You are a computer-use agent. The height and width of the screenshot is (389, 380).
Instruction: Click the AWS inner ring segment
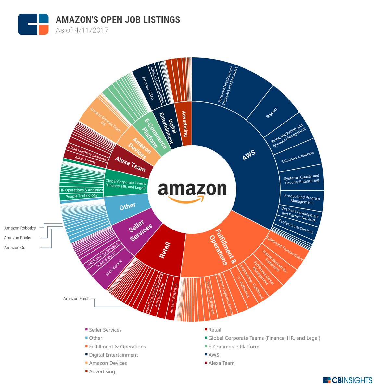click(248, 156)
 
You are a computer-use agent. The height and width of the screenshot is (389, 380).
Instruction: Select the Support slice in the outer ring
click(272, 112)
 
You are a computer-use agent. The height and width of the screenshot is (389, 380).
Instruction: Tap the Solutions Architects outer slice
click(298, 157)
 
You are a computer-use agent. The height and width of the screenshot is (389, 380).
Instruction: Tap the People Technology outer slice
click(81, 196)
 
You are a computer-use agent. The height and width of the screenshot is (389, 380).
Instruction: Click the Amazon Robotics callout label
click(20, 228)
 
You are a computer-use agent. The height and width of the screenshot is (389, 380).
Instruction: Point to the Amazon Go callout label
click(15, 247)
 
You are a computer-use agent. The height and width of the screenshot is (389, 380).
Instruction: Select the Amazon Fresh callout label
click(76, 299)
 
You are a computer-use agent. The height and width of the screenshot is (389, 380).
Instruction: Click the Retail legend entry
click(214, 330)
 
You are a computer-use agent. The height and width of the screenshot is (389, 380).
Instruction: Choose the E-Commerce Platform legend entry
click(234, 347)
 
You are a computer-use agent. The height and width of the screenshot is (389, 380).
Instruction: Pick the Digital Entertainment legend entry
click(113, 355)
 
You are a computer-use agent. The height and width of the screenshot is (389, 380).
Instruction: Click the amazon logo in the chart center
click(192, 191)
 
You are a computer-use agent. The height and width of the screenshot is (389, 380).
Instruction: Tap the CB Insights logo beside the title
click(33, 24)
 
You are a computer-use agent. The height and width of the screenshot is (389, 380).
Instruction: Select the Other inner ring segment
click(127, 206)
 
